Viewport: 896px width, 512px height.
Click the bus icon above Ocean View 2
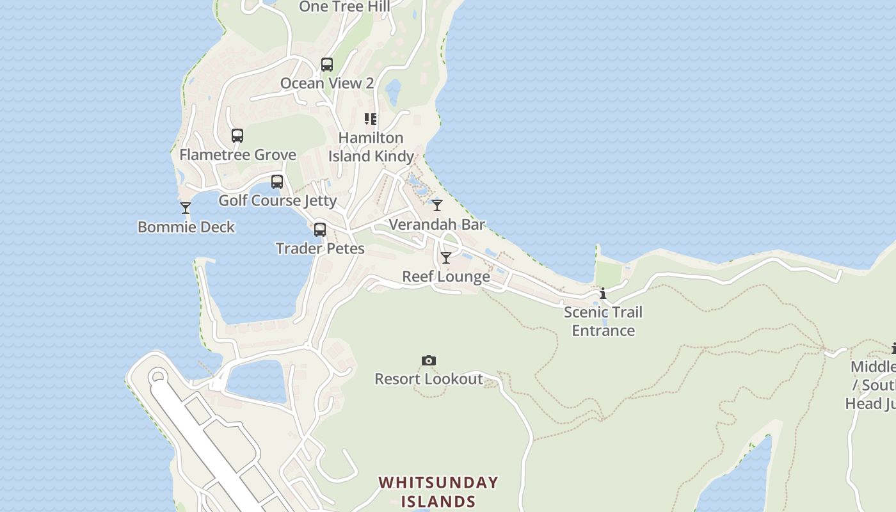327,65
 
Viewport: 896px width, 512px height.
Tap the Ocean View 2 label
327,83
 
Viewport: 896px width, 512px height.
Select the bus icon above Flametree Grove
237,136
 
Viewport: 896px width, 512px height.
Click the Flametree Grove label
237,155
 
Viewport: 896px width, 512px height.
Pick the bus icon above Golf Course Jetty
277,182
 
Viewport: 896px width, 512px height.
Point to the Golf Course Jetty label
278,201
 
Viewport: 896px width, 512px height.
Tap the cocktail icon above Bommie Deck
186,208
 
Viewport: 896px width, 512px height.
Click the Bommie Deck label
186,227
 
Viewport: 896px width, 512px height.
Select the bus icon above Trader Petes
320,230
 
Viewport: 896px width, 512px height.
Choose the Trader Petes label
320,249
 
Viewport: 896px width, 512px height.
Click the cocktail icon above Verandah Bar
437,205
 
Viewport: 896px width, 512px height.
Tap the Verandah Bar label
437,225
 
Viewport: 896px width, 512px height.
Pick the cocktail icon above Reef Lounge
446,258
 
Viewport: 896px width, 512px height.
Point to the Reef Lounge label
446,276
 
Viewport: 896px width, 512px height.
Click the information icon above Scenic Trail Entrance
603,294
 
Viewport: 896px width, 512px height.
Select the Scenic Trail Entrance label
603,321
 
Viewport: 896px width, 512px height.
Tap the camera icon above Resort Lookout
429,361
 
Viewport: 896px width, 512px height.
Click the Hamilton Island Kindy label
371,147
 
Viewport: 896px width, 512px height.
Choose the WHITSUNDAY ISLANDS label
438,492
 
